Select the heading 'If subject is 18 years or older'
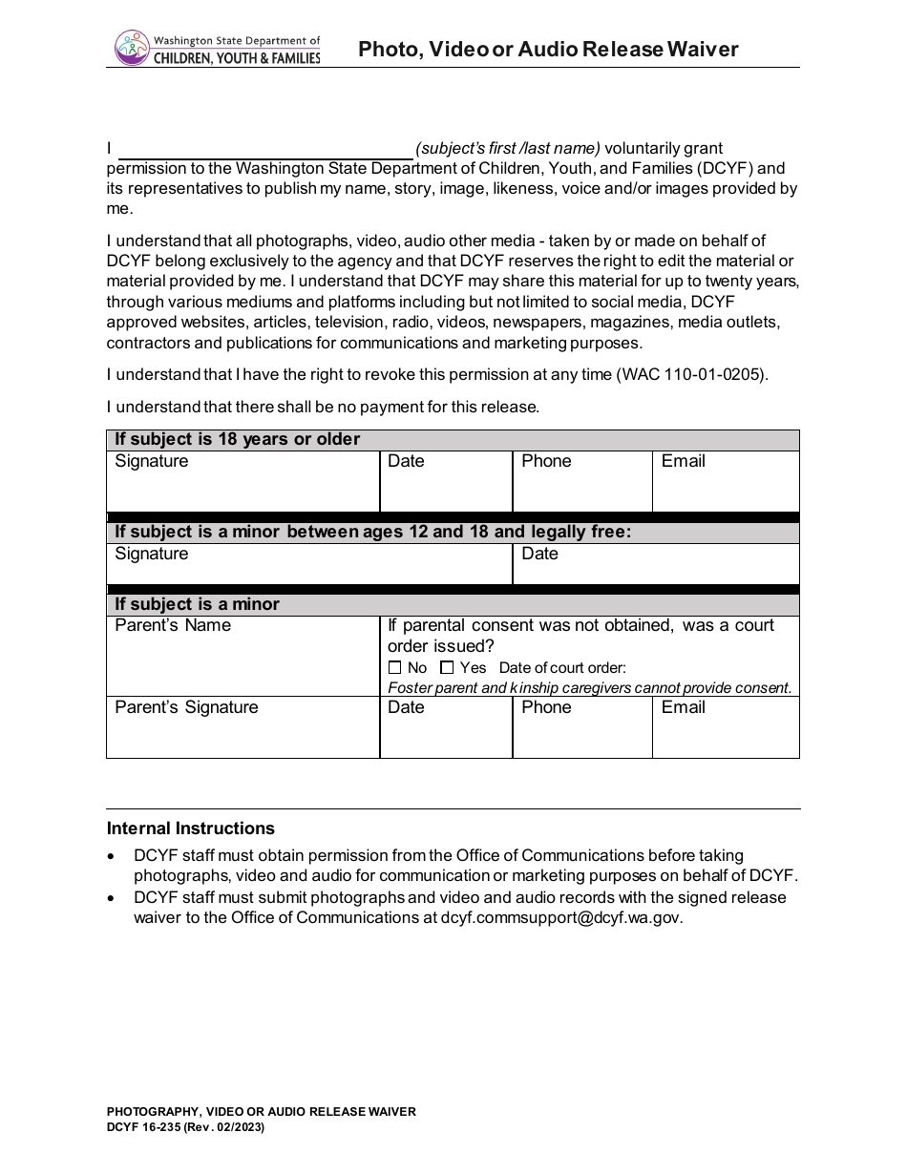(238, 439)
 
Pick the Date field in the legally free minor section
(655, 565)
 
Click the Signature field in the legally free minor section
(309, 565)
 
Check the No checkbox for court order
(395, 668)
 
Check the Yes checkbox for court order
(447, 668)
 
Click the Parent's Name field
(243, 657)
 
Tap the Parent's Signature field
(243, 727)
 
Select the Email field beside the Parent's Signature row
(726, 728)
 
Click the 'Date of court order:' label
(562, 668)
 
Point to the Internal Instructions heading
(191, 828)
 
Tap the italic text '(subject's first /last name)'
(508, 148)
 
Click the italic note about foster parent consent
(589, 687)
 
